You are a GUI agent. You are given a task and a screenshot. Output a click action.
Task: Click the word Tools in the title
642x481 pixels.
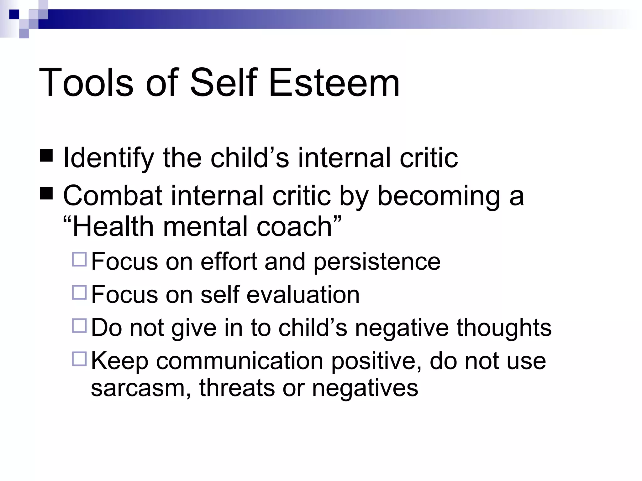click(86, 83)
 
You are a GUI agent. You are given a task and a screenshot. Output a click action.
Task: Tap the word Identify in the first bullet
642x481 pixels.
click(108, 158)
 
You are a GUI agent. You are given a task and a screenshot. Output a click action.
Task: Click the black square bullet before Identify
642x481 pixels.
click(46, 156)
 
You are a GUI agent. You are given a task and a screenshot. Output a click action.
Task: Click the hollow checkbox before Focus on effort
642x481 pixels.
click(79, 260)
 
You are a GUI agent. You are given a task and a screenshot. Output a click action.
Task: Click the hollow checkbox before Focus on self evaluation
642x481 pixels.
click(79, 293)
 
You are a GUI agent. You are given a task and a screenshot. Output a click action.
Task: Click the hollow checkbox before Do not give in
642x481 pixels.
click(79, 326)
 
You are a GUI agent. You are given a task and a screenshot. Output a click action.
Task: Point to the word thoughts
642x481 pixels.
click(504, 328)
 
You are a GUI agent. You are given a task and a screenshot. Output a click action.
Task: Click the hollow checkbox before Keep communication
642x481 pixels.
click(79, 359)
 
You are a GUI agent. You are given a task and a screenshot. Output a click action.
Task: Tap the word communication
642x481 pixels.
click(239, 361)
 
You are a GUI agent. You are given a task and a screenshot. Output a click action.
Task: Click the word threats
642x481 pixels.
click(237, 388)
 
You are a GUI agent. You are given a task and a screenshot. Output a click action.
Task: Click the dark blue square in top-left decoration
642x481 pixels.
click(14, 14)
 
